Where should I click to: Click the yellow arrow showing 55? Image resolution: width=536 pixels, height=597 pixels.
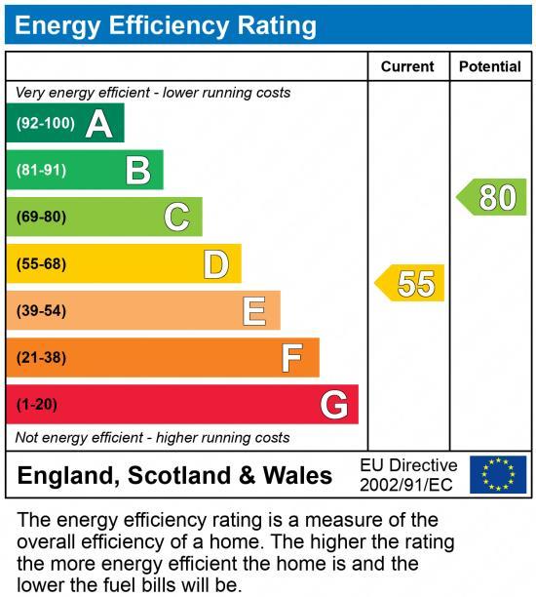[x=410, y=283]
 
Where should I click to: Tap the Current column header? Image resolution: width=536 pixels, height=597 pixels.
[x=407, y=66]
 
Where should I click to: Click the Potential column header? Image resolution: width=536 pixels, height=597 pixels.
[x=489, y=66]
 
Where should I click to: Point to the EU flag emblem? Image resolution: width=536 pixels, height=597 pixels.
[x=498, y=475]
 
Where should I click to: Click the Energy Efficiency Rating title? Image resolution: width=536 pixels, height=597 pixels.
[x=166, y=25]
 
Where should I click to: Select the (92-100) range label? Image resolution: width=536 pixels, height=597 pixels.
[x=45, y=123]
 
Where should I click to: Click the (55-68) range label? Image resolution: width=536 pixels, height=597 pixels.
[x=41, y=263]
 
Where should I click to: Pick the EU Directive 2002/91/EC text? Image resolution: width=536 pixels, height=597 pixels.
[x=408, y=475]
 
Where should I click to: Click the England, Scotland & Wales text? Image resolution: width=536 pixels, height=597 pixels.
[x=175, y=476]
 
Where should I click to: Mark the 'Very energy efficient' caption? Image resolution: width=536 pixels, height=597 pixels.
[x=153, y=93]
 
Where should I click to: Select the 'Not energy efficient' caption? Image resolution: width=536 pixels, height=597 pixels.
[x=153, y=437]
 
